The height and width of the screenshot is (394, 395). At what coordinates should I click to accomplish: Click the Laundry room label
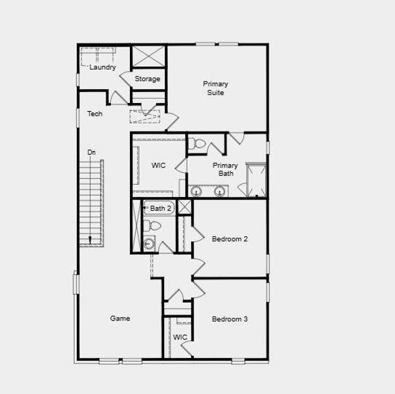[102, 67]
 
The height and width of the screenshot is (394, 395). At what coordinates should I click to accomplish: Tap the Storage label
[148, 79]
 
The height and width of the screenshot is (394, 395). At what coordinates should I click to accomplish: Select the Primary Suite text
[215, 88]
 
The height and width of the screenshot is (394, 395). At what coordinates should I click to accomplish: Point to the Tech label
[95, 114]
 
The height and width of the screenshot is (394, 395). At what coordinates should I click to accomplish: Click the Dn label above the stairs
[91, 152]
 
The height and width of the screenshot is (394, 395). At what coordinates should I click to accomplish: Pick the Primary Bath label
[226, 169]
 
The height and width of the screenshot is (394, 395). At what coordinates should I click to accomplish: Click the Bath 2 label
[161, 208]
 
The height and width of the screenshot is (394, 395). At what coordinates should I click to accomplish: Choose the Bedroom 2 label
[230, 239]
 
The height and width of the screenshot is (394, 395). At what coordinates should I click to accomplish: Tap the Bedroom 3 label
[230, 319]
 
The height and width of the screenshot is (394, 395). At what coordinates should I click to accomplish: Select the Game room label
[120, 318]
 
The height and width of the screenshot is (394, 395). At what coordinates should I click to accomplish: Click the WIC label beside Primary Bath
[159, 165]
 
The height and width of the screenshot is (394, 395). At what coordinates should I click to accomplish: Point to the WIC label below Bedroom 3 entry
[180, 338]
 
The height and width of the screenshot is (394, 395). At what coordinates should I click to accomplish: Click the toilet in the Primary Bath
[199, 144]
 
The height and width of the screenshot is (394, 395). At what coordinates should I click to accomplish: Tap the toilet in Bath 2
[153, 226]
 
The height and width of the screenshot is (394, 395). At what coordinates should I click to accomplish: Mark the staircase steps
[91, 200]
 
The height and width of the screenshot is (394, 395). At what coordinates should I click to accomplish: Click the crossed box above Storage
[148, 56]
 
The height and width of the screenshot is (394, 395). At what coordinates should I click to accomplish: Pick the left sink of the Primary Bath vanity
[196, 191]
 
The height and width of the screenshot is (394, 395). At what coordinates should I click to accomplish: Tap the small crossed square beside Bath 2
[184, 208]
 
